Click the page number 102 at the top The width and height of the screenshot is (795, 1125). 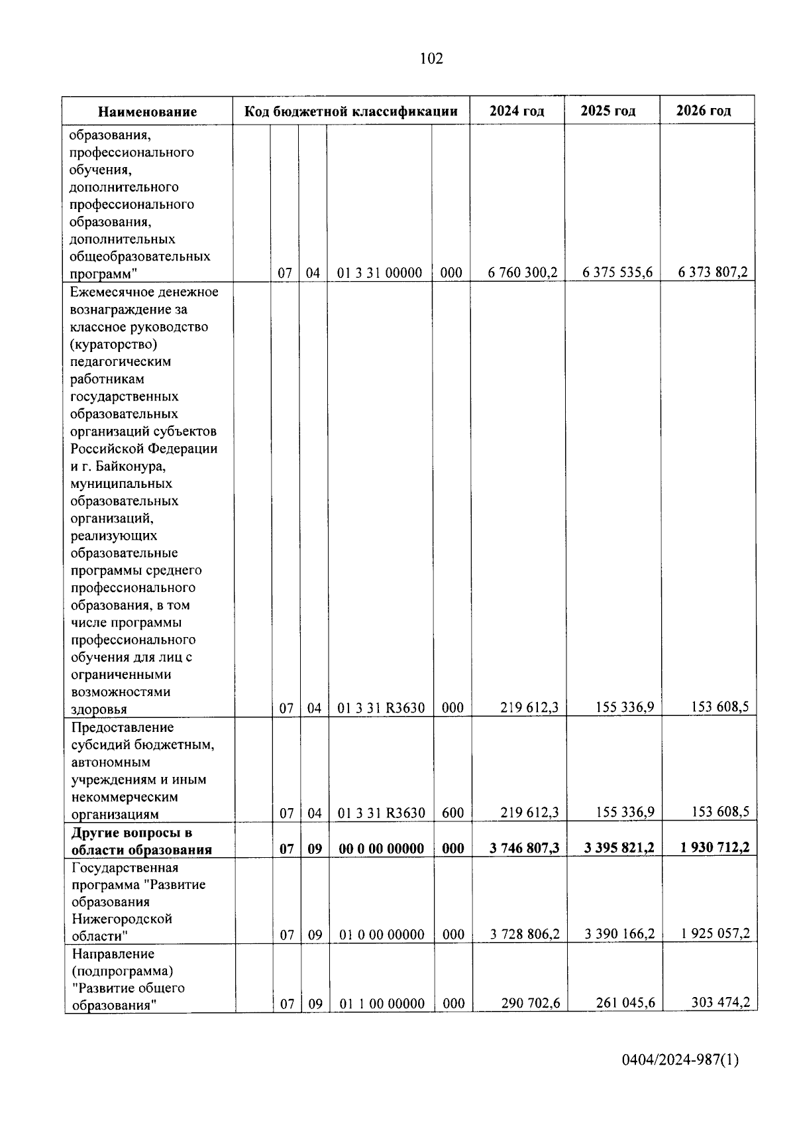[x=431, y=59]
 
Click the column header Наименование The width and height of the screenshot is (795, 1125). [x=148, y=111]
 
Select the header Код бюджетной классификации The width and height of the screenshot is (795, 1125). [x=351, y=111]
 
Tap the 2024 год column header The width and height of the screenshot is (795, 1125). [x=517, y=111]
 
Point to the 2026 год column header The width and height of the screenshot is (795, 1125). [x=704, y=111]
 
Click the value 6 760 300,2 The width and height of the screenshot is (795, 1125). [x=523, y=272]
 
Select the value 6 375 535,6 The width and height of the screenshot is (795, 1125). [x=617, y=272]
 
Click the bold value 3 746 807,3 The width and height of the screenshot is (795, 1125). [x=524, y=849]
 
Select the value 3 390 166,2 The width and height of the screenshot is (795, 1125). [x=619, y=934]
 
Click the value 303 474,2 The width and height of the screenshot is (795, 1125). [x=720, y=1002]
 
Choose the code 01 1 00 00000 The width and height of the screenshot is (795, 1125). [x=382, y=1004]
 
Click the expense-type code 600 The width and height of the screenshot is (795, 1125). [x=452, y=813]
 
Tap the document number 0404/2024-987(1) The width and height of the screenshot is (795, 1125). [x=680, y=1060]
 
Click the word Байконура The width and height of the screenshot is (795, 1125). [x=135, y=466]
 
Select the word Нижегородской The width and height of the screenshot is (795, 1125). [x=122, y=919]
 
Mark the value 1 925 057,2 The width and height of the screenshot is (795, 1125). [x=715, y=933]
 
